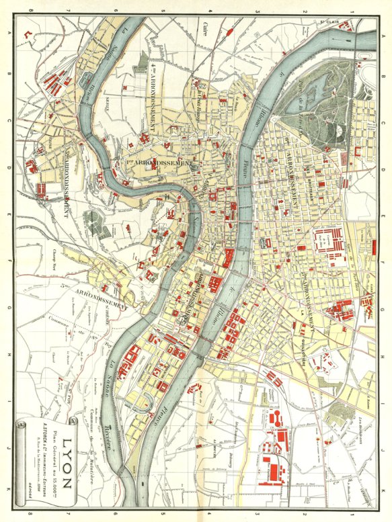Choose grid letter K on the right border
point(384,488)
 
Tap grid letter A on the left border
point(8,33)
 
